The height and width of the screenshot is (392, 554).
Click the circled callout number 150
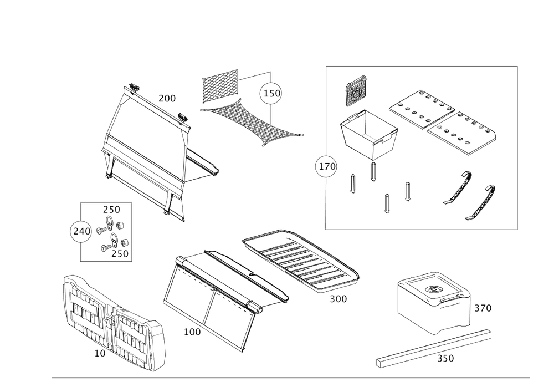click(271, 94)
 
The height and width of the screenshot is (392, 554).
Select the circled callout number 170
click(326, 166)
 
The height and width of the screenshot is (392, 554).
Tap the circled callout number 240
click(81, 232)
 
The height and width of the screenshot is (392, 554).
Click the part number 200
click(167, 98)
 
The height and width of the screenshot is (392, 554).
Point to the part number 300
click(338, 299)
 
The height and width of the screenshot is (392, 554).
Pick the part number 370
click(483, 308)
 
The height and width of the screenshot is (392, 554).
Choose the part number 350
click(445, 358)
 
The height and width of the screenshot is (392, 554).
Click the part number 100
click(192, 332)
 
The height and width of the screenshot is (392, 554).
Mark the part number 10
click(100, 353)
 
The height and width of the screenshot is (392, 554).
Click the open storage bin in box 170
click(368, 134)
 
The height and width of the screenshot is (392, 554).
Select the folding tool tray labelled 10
click(114, 323)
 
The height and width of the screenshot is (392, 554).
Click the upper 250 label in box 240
click(112, 210)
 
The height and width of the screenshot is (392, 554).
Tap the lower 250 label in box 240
click(120, 254)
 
